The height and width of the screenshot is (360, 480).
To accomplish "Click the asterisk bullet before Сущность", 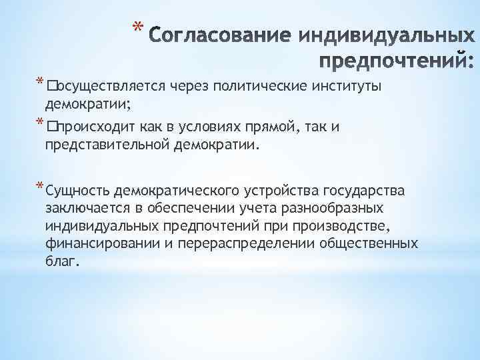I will (41, 185).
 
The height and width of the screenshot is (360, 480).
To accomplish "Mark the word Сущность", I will (78, 191).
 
